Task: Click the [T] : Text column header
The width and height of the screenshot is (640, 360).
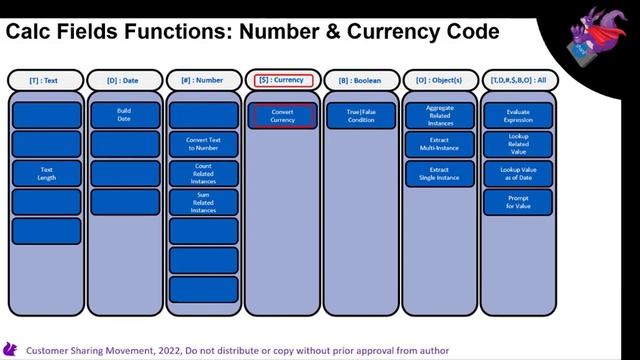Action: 46,79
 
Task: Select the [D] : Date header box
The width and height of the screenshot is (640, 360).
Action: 125,79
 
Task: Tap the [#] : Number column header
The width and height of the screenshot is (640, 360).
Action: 204,79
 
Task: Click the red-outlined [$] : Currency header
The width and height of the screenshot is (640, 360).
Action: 284,79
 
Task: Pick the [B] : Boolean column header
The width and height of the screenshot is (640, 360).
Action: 361,79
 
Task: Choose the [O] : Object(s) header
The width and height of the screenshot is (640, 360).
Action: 440,79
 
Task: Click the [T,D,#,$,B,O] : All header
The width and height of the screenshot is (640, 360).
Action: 518,79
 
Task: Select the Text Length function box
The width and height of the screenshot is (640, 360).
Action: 46,174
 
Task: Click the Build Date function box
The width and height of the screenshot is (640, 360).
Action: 125,116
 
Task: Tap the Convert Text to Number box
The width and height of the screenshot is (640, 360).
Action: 203,145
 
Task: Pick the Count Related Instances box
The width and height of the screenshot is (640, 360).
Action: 203,174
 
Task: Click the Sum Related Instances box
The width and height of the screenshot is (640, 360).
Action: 203,203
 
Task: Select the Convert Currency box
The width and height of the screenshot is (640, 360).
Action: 283,116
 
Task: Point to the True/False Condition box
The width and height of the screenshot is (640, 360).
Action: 361,116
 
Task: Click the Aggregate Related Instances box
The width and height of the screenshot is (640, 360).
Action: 440,116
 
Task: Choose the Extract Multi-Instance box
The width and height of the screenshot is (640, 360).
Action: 440,145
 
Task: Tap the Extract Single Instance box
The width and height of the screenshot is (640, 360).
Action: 440,174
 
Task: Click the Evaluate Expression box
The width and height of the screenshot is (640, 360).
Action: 518,116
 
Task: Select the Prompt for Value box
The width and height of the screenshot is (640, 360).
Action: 518,203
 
